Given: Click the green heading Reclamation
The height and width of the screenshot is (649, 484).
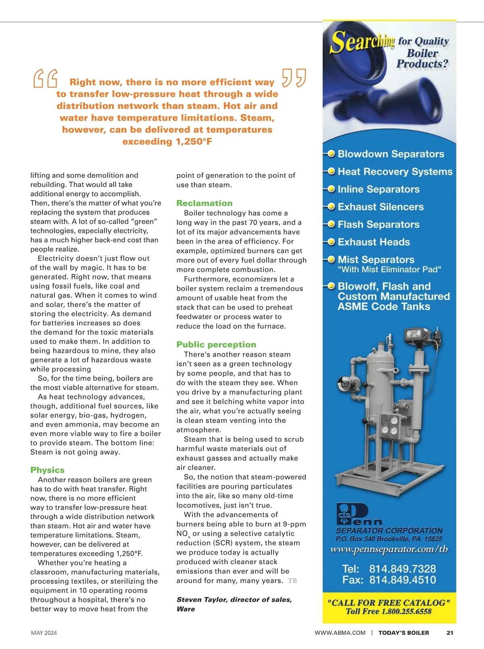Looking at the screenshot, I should tap(204, 203).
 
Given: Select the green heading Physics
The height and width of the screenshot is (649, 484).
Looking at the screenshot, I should tap(47, 470).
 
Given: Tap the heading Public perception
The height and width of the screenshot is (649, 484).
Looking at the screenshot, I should tap(216, 345).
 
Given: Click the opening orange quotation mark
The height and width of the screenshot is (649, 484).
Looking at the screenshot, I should tap(45, 78).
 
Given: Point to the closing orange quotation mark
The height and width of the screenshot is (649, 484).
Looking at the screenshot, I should tap(294, 78).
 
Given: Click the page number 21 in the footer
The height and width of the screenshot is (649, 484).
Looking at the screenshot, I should tap(450, 633).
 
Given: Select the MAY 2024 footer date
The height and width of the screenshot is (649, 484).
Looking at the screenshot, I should tap(44, 633).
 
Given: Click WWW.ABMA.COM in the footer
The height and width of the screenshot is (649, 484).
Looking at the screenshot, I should tap(340, 633).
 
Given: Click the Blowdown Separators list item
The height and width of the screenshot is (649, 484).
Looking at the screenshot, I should tap(390, 154).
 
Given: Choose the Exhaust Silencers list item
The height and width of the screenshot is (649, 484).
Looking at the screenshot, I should tap(380, 207).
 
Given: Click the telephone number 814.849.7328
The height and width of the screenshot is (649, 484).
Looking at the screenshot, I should tap(402, 569).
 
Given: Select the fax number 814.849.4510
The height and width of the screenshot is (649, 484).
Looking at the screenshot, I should tap(402, 580).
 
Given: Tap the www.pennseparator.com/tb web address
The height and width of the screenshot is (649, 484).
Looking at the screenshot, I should tap(389, 549).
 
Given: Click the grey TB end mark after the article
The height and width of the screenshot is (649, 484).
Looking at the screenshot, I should tap(292, 581).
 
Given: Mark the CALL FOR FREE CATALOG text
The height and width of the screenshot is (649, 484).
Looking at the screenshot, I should tap(389, 603).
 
